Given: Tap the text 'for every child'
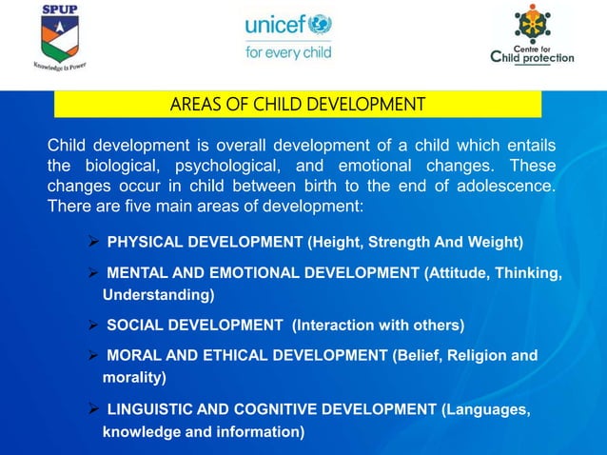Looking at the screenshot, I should (x=288, y=52).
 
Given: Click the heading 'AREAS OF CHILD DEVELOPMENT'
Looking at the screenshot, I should (x=297, y=103).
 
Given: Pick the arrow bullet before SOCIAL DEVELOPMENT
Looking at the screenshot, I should (x=94, y=326).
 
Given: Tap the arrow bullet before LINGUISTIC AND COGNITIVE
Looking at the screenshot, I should (x=94, y=410).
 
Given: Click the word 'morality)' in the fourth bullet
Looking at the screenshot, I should (x=134, y=378).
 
